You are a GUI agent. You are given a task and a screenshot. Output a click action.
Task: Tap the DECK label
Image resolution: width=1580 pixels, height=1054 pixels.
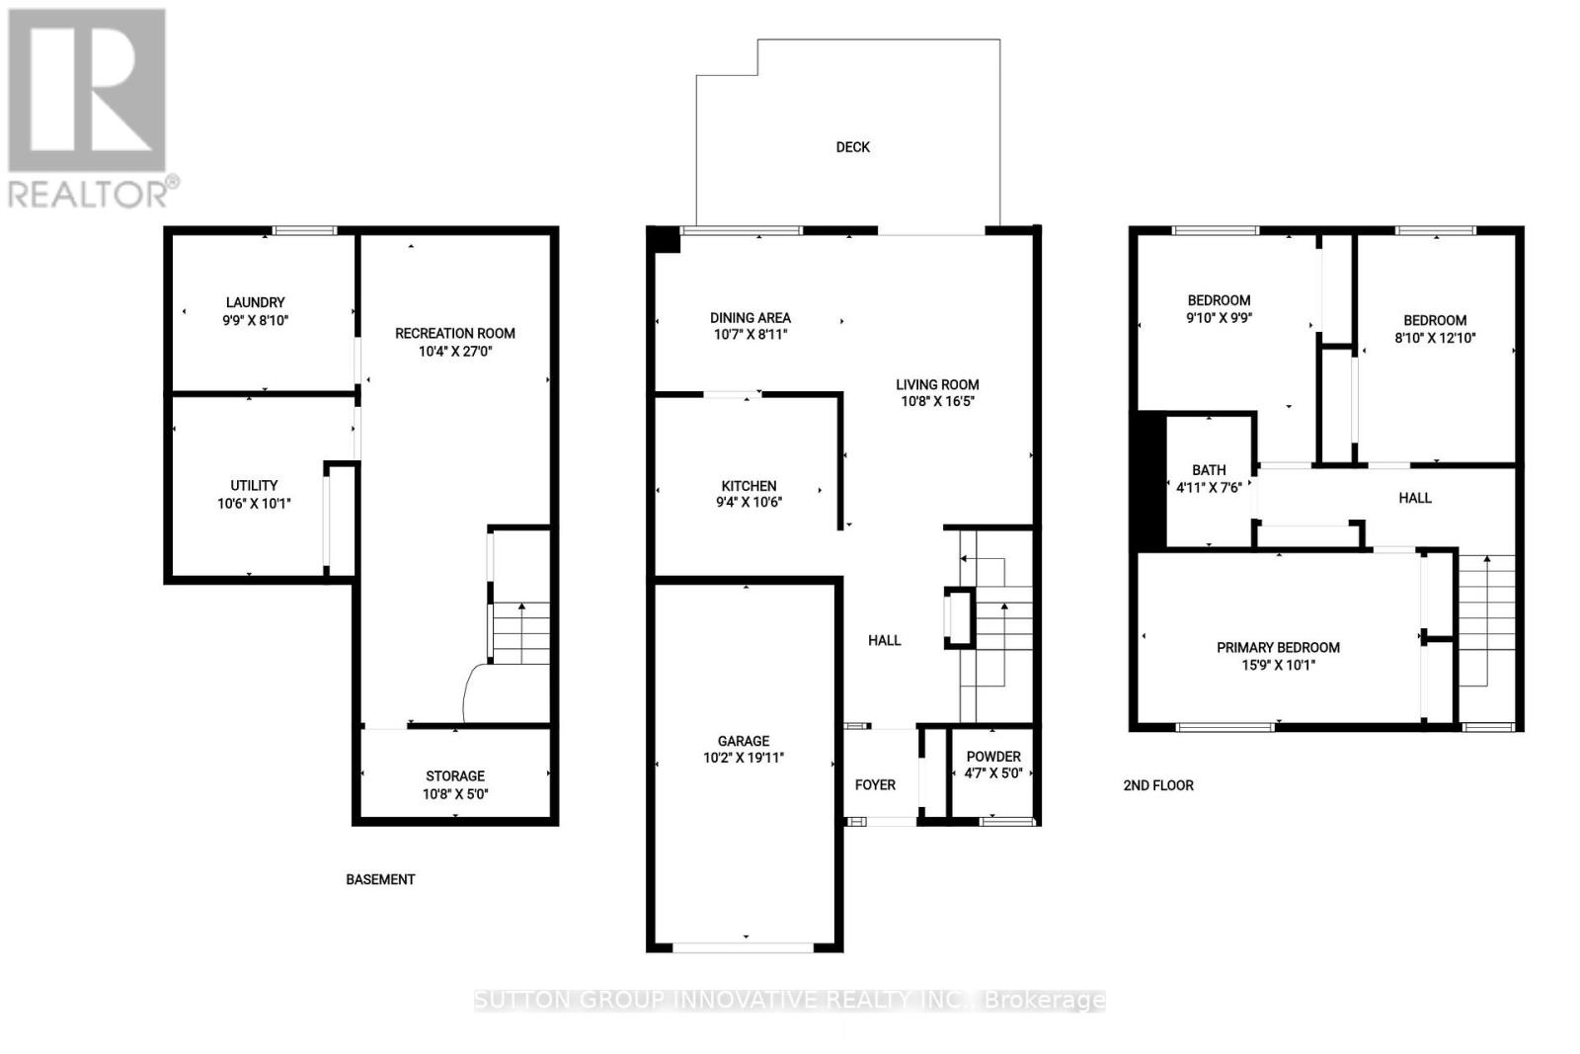pos(853,147)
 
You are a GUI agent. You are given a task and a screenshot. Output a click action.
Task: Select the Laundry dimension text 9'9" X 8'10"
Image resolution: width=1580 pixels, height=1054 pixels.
pos(256,320)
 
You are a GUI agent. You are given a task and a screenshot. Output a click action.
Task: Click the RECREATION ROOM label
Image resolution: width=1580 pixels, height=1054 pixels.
pos(455,333)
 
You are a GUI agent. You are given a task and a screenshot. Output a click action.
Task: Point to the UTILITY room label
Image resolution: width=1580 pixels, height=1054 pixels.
pos(254,485)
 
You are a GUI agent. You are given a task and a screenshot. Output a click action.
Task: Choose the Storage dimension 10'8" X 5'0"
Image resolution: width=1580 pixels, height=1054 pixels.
pos(455,793)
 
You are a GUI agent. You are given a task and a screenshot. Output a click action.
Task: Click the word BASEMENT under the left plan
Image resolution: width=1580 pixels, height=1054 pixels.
pos(380,879)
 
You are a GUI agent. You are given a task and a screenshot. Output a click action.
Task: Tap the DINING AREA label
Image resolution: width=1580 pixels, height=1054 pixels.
pos(750,317)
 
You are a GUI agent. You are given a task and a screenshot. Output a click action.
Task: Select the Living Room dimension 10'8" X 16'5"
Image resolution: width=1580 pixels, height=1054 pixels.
pos(937,401)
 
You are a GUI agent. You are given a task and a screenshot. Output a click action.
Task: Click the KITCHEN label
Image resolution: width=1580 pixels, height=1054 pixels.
pos(749,485)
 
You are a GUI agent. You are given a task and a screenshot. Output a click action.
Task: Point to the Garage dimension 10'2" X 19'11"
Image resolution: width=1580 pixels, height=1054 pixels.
pos(744,758)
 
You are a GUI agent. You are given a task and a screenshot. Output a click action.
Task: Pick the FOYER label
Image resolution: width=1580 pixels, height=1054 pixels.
pos(875,784)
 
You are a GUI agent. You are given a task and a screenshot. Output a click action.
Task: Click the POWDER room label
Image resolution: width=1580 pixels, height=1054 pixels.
pos(993,757)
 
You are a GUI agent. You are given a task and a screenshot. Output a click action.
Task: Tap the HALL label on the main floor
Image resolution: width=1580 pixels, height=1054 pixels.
pos(885,640)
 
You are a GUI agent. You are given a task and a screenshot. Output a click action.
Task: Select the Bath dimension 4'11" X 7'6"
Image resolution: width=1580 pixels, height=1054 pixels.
pos(1209,487)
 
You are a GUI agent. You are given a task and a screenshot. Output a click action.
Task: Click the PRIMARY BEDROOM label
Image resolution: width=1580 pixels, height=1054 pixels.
pos(1278,647)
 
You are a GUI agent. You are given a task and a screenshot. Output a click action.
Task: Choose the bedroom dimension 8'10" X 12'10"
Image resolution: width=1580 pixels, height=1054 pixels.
pos(1435,338)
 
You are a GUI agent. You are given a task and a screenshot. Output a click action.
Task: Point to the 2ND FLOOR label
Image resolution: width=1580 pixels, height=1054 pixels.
pos(1158,785)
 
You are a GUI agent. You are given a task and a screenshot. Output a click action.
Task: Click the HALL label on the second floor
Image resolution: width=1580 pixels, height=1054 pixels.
pos(1415,498)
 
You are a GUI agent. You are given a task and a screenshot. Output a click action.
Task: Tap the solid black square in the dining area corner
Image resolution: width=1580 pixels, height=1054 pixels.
pos(664,238)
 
